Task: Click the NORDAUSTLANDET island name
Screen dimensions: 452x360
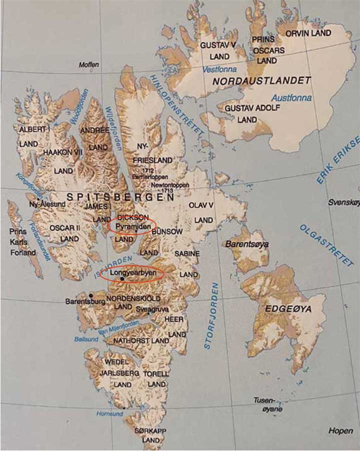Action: point(261,80)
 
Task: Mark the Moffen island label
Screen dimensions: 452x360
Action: point(89,65)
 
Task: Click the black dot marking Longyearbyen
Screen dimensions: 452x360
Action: point(122,279)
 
